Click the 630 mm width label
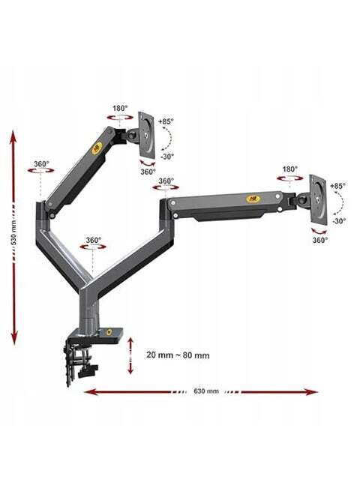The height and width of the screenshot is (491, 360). (206, 391)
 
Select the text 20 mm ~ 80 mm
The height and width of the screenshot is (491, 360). (178, 355)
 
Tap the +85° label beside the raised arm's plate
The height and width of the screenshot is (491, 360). (166, 121)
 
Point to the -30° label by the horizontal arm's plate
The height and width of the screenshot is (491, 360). (339, 220)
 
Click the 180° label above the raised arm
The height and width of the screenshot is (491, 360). (120, 109)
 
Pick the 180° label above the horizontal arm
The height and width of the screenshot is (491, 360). (289, 169)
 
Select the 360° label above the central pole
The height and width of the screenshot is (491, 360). (94, 240)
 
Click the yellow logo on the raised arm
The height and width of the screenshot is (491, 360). (97, 147)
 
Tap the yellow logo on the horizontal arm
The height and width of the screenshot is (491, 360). (251, 198)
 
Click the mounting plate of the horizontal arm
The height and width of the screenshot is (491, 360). (318, 199)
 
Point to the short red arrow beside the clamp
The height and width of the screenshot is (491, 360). (130, 355)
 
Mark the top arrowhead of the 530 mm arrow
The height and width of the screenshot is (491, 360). (13, 137)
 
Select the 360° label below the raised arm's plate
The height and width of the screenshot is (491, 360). (148, 172)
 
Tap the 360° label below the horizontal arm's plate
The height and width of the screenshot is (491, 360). (320, 240)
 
